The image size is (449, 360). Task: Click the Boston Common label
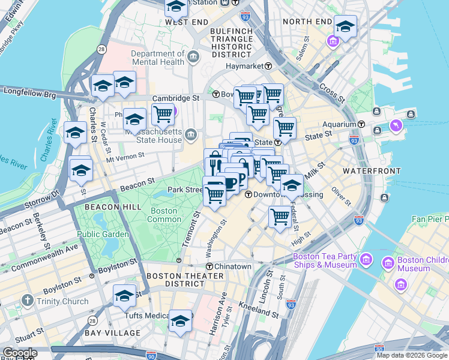(x=163, y=215)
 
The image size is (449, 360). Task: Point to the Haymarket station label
(x=245, y=66)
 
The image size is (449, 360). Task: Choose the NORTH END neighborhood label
(x=307, y=22)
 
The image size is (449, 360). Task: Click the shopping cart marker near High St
(x=280, y=216)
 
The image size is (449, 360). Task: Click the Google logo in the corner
(x=19, y=353)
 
